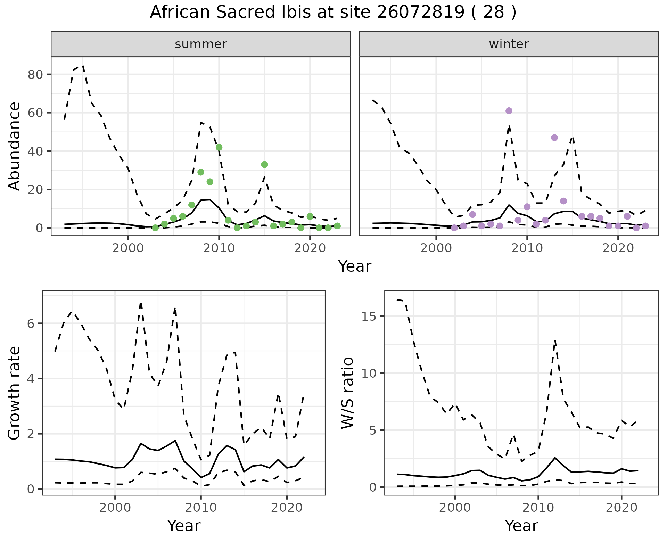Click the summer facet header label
pyautogui.click(x=201, y=44)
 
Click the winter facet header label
pyautogui.click(x=509, y=44)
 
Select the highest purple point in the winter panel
pyautogui.click(x=509, y=111)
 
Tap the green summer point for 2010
pyautogui.click(x=219, y=147)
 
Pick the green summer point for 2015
pyautogui.click(x=264, y=164)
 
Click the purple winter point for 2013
pyautogui.click(x=554, y=138)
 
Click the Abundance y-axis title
pyautogui.click(x=15, y=146)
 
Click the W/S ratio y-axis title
pyautogui.click(x=348, y=393)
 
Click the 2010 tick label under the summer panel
pyautogui.click(x=219, y=248)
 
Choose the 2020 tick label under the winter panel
pyautogui.click(x=618, y=248)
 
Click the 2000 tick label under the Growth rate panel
pyautogui.click(x=115, y=508)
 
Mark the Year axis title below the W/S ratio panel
pyautogui.click(x=521, y=526)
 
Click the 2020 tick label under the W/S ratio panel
pyautogui.click(x=621, y=508)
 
